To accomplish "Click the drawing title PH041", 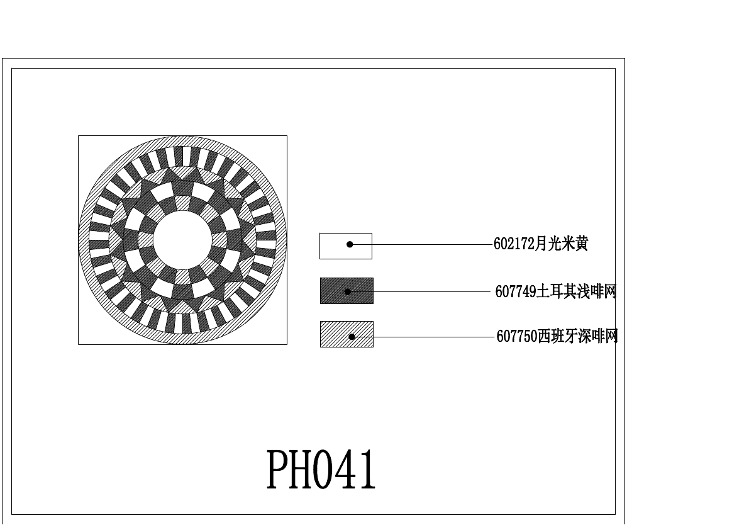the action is pyautogui.click(x=321, y=470).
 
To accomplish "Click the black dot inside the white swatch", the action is pyautogui.click(x=350, y=244).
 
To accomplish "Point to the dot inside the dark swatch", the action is pyautogui.click(x=347, y=291).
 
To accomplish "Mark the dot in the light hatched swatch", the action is pyautogui.click(x=352, y=337).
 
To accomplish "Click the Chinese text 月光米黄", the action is pyautogui.click(x=561, y=244).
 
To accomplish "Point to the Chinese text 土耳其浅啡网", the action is pyautogui.click(x=576, y=292).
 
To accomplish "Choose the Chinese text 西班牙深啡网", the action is pyautogui.click(x=577, y=337).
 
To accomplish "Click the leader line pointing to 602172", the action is pyautogui.click(x=428, y=244).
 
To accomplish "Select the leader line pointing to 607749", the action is pyautogui.click(x=428, y=291).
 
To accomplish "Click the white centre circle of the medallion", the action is pyautogui.click(x=182, y=240).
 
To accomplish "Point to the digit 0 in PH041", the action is pyautogui.click(x=322, y=470).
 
